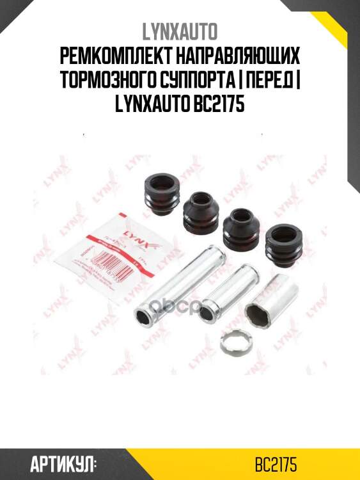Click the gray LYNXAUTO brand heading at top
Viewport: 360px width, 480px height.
point(180,30)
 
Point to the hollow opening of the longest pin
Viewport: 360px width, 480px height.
point(144,316)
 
